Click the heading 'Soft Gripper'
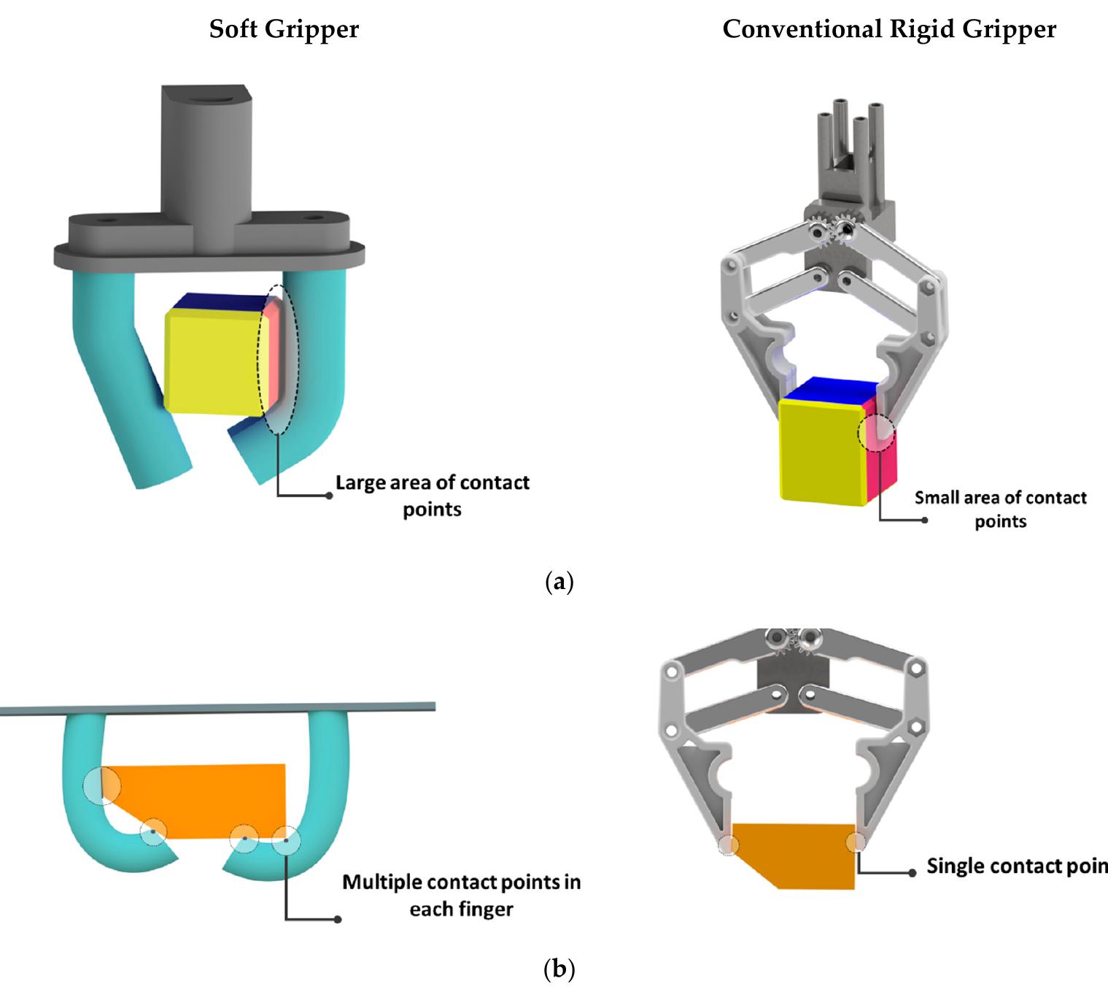284,29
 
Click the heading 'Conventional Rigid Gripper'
888,29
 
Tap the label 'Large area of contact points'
432,496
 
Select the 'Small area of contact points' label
1000,509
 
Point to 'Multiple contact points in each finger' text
461,895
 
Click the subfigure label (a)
559,582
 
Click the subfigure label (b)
559,969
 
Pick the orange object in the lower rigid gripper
795,854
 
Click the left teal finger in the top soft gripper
117,372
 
